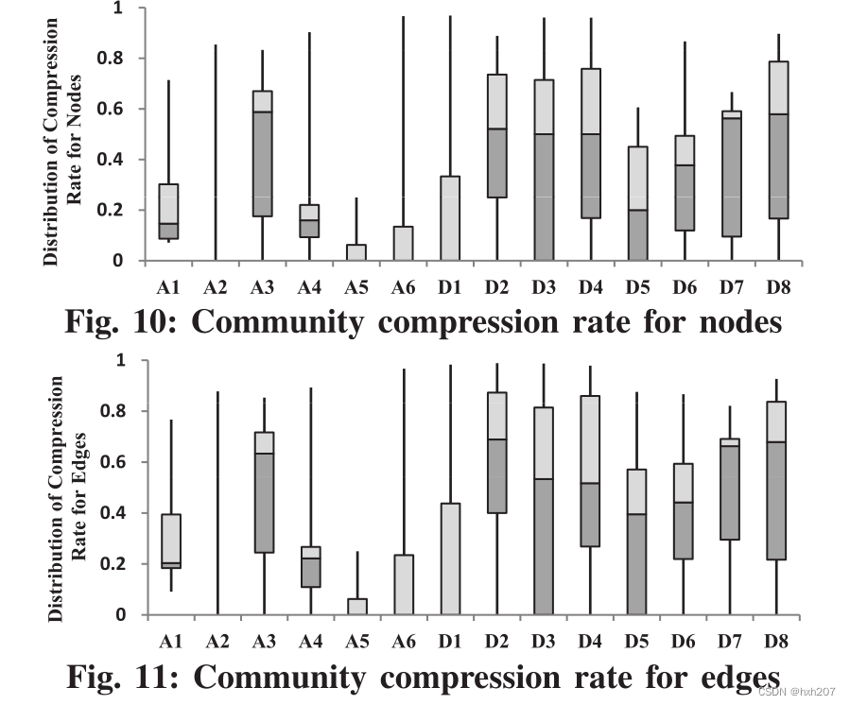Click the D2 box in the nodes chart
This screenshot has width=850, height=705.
tap(497, 136)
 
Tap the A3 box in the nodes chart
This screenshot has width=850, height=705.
tap(263, 153)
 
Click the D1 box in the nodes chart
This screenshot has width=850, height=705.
tap(450, 218)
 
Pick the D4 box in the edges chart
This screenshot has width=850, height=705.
tap(590, 471)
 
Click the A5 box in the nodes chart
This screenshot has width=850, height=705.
tap(356, 252)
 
